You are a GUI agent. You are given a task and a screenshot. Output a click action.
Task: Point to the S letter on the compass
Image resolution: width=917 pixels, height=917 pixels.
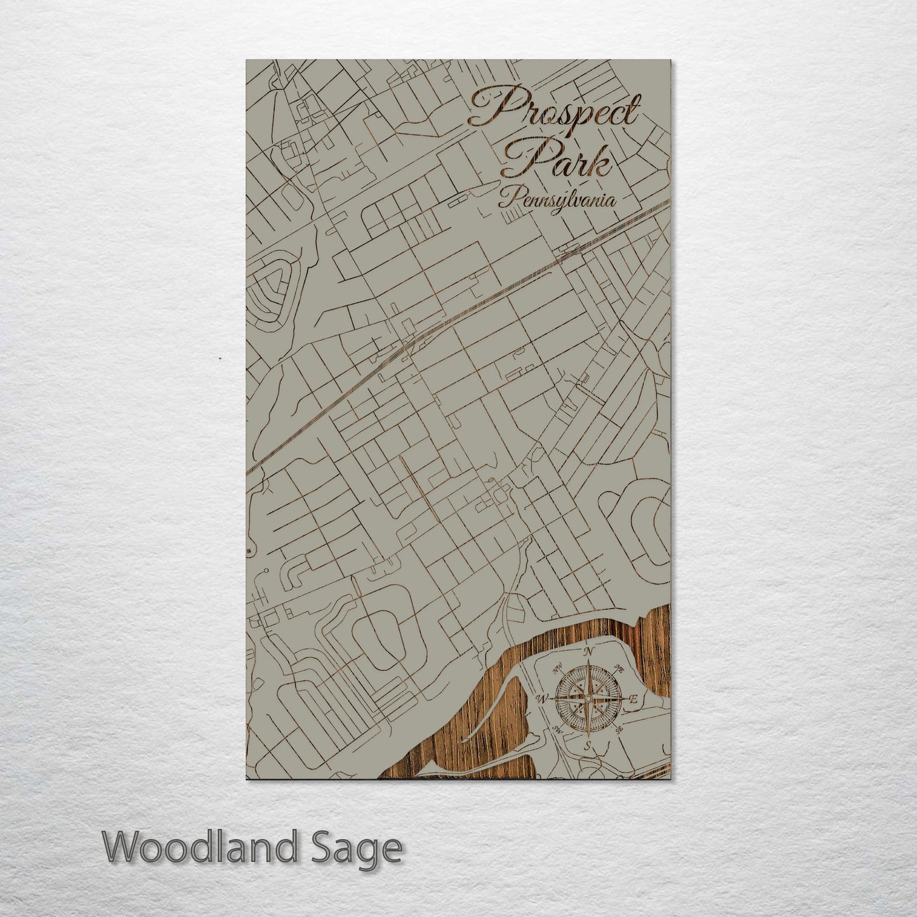tap(588, 745)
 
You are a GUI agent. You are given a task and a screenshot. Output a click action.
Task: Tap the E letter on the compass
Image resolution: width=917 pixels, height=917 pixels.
tap(632, 699)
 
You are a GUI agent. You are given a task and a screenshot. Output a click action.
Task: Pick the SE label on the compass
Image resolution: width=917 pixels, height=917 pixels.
tap(619, 730)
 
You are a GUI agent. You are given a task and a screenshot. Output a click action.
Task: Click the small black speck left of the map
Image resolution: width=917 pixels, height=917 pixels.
tap(220, 359)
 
